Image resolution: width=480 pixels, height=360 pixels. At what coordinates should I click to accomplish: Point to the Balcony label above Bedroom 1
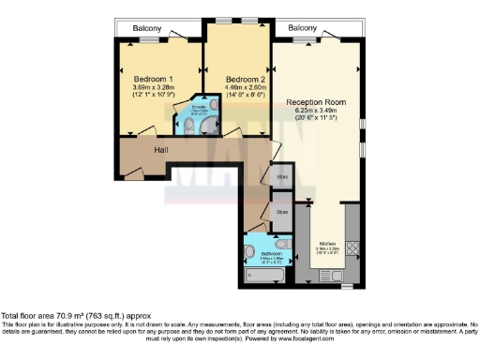[144, 28]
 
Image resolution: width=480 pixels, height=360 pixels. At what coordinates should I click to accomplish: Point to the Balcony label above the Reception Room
[302, 28]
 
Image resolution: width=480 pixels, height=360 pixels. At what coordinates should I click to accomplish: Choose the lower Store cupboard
[280, 213]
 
